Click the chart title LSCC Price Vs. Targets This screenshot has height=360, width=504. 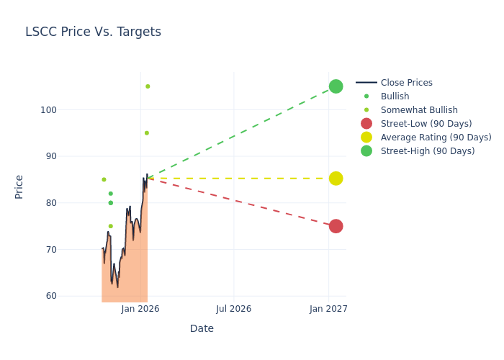tap(93, 32)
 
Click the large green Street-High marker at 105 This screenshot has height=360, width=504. tap(336, 86)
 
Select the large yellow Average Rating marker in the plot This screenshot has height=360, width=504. tap(336, 179)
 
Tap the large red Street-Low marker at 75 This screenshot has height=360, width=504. tap(336, 226)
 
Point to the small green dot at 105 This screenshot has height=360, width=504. tap(148, 86)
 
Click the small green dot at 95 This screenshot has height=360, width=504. tap(146, 133)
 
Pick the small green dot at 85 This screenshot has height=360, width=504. tap(104, 179)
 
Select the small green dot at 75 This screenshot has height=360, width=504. tap(110, 226)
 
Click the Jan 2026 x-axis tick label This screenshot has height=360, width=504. tap(140, 309)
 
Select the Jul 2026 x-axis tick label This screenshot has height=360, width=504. tap(234, 309)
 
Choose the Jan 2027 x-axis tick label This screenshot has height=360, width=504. tap(329, 309)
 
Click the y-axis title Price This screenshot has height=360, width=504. tap(19, 186)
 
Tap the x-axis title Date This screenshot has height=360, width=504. tap(202, 328)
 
